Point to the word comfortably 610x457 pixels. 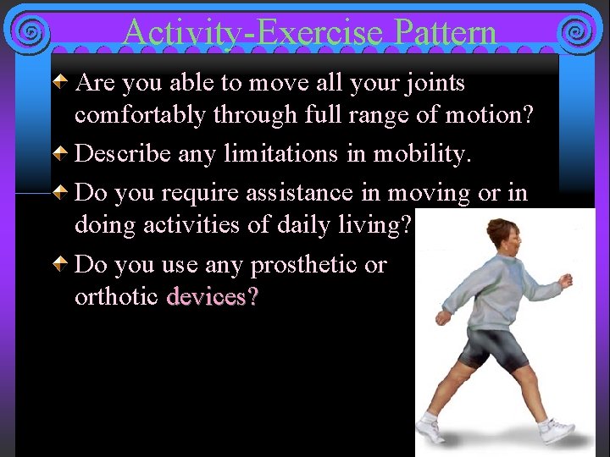coord(140,114)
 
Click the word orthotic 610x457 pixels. coord(117,297)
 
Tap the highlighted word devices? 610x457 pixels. coord(213,297)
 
